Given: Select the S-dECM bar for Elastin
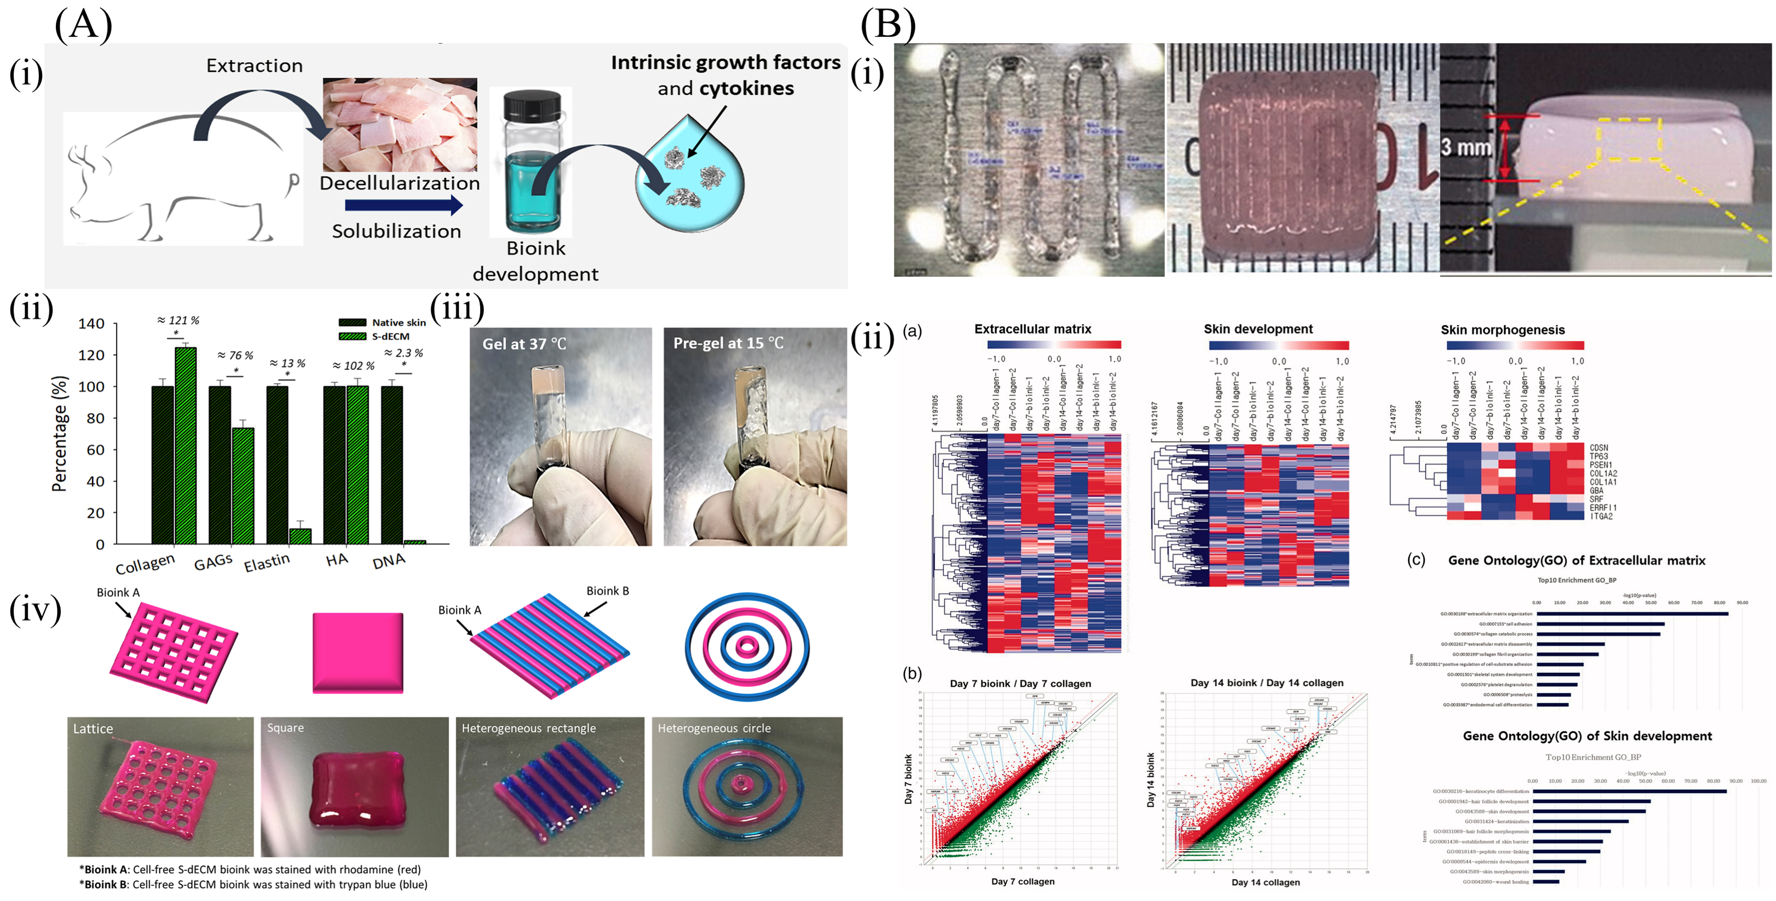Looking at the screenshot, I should click(x=300, y=536).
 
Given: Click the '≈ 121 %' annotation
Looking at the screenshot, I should click(x=178, y=320).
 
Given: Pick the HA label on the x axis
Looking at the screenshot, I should click(x=336, y=560).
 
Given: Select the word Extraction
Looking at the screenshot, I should click(x=254, y=66).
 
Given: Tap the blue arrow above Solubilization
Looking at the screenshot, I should click(x=403, y=205).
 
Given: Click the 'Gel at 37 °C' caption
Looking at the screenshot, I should click(x=524, y=343).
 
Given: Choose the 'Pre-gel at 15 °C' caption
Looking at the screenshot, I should click(x=728, y=343).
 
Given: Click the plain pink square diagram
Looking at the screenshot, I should click(x=358, y=652).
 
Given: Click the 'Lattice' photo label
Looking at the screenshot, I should click(x=93, y=729).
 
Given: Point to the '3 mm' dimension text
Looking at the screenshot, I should click(x=1465, y=147).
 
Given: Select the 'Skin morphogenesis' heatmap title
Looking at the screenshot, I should click(x=1502, y=330).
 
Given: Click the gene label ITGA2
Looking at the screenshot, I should click(x=1601, y=516).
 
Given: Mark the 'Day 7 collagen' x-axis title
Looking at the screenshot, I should click(x=1022, y=881).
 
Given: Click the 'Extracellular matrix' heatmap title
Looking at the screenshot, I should click(x=1032, y=329).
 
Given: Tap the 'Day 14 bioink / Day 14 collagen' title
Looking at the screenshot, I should click(x=1267, y=682).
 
